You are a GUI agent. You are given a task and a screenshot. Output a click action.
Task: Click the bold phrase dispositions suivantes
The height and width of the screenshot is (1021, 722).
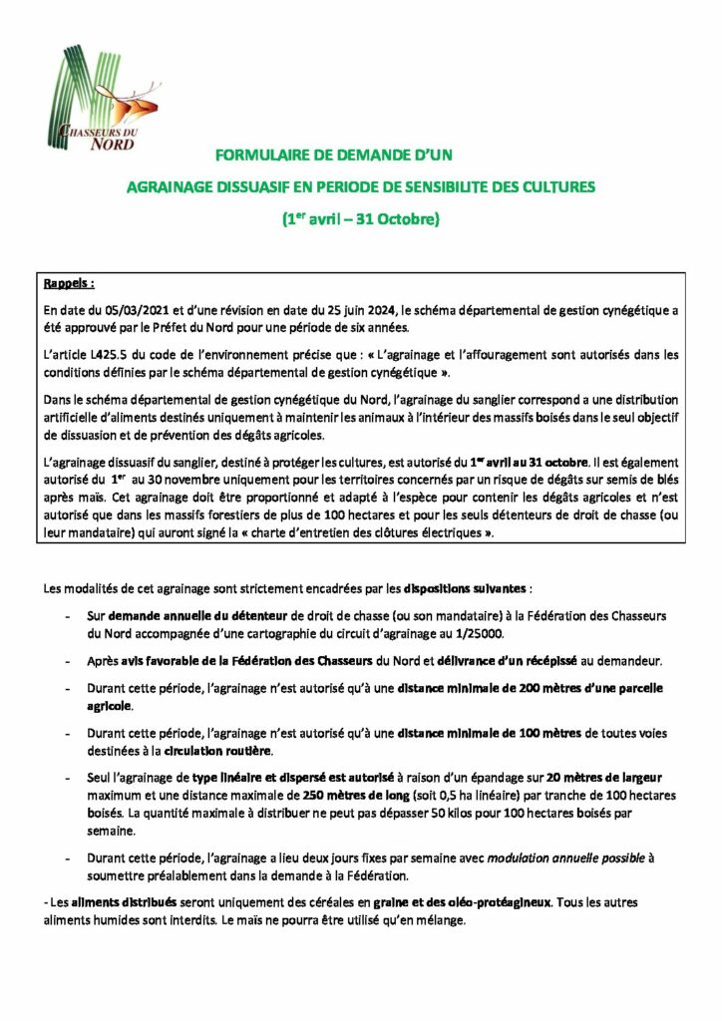point(460,587)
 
